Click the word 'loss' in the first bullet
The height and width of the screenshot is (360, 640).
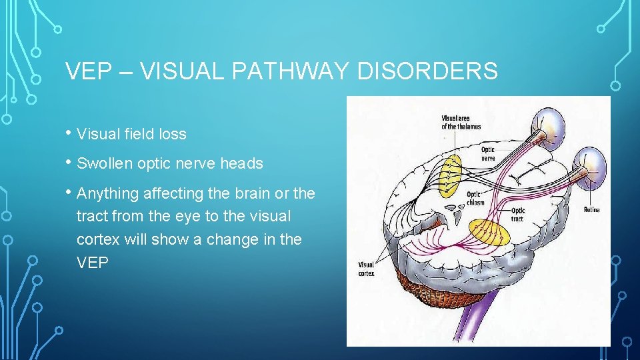[173, 134]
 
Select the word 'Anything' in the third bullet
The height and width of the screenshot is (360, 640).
[106, 193]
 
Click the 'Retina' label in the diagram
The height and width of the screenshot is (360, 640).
[591, 209]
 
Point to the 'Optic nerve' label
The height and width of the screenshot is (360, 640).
[489, 153]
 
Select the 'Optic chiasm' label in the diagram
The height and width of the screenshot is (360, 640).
[477, 198]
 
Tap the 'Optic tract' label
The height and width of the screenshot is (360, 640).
[518, 215]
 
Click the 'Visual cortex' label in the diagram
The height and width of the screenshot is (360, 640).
[367, 268]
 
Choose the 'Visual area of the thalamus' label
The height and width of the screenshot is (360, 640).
[461, 123]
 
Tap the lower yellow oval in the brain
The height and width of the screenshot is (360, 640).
[489, 233]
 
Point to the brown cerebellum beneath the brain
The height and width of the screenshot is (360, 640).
[427, 287]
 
